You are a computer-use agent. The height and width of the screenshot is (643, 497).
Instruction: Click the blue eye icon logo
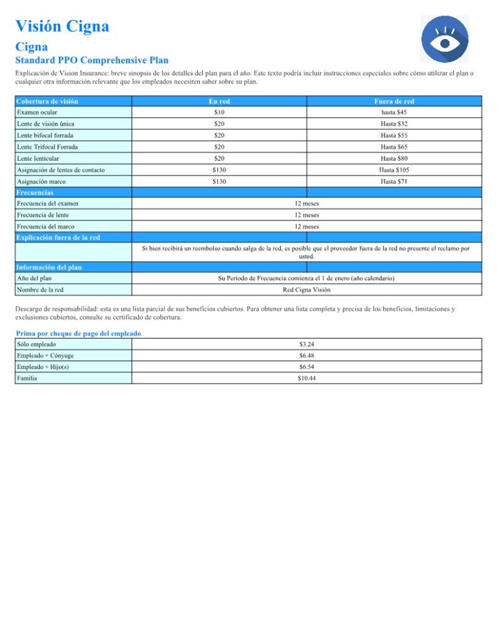pos(444,40)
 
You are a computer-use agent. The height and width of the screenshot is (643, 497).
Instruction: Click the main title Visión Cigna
pos(62,26)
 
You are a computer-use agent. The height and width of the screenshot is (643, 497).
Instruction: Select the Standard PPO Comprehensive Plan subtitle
pos(92,60)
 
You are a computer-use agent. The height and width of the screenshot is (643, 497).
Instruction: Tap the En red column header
pos(219,101)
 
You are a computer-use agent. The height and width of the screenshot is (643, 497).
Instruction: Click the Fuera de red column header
pos(394,101)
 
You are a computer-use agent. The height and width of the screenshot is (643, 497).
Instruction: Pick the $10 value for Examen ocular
pos(219,112)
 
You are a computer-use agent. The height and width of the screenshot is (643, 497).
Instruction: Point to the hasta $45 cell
pos(394,112)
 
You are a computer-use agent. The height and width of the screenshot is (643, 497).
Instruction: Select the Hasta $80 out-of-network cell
pos(394,158)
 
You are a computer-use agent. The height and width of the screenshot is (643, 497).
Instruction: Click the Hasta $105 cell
pos(394,170)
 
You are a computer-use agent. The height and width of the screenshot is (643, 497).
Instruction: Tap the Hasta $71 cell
pos(394,181)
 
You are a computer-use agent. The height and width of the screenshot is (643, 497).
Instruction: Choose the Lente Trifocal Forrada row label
pos(47,147)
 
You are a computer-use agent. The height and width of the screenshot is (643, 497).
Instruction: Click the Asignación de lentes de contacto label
pos(61,170)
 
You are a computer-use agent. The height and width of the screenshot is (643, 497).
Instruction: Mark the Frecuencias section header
pos(35,193)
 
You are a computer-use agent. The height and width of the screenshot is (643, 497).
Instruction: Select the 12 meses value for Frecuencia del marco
pos(307,227)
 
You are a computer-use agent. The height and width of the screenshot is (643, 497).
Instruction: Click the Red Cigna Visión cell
pos(307,290)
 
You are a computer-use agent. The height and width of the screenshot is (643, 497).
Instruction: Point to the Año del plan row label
pos(35,278)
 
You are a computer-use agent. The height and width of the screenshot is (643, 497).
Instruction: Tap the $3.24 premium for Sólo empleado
pos(307,344)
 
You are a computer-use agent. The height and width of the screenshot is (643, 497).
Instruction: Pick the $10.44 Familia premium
pos(307,378)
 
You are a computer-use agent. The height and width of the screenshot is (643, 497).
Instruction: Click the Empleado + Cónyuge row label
pos(45,355)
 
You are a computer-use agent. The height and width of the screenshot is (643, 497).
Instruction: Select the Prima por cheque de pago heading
pos(79,333)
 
